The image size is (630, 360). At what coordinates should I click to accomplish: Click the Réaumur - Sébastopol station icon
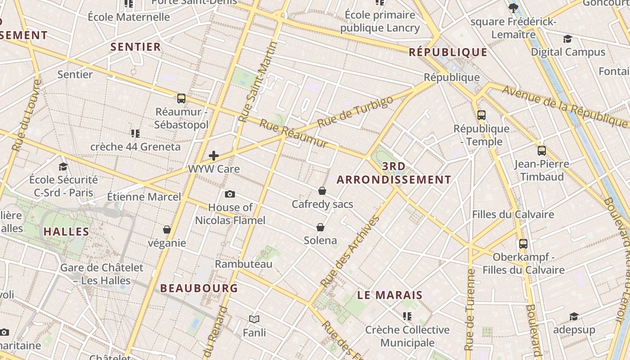click(181, 98)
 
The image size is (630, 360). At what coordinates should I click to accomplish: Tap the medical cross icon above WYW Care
click(214, 156)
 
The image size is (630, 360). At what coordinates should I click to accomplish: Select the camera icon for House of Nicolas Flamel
click(230, 194)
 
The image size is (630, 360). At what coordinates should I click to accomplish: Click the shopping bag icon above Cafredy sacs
click(322, 191)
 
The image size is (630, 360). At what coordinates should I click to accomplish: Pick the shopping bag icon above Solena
click(320, 227)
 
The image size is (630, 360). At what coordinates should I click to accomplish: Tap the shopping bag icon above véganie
click(167, 229)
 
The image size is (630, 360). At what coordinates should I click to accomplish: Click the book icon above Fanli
click(254, 319)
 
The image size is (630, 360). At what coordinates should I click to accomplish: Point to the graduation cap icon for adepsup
click(574, 316)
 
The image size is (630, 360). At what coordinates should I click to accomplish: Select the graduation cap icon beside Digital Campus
click(568, 39)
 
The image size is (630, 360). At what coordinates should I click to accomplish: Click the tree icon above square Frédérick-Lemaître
click(513, 8)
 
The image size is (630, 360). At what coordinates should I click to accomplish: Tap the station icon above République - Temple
click(481, 115)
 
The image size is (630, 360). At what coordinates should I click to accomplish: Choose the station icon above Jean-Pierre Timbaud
click(542, 150)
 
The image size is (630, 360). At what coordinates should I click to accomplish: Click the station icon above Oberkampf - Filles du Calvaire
click(523, 243)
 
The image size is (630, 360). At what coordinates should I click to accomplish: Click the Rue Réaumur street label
click(293, 134)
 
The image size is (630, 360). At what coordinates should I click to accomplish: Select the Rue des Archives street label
click(350, 252)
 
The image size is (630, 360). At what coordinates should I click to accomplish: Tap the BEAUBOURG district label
click(199, 288)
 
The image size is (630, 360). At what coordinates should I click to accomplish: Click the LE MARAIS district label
click(390, 295)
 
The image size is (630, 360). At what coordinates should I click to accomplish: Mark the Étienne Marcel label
click(144, 197)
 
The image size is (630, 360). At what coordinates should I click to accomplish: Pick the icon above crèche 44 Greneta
click(135, 133)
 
